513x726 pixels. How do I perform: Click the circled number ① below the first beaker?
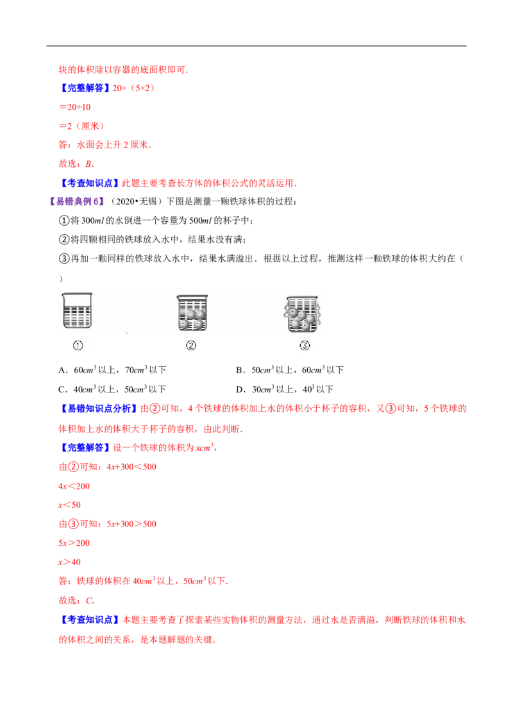point(78,346)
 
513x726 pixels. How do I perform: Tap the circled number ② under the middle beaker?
point(191,346)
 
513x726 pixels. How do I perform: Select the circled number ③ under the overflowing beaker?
point(305,346)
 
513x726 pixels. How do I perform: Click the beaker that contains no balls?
point(77,313)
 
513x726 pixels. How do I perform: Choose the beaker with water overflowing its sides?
point(303,314)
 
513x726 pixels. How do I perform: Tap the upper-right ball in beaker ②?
point(199,315)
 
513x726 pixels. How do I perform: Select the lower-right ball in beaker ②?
point(199,324)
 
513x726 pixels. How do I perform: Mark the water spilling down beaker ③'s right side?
point(319,314)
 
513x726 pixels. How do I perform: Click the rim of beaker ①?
point(77,295)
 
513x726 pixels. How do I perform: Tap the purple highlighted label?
point(77,203)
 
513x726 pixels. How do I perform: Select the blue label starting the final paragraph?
point(89,620)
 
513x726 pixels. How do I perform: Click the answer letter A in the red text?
point(87,165)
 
